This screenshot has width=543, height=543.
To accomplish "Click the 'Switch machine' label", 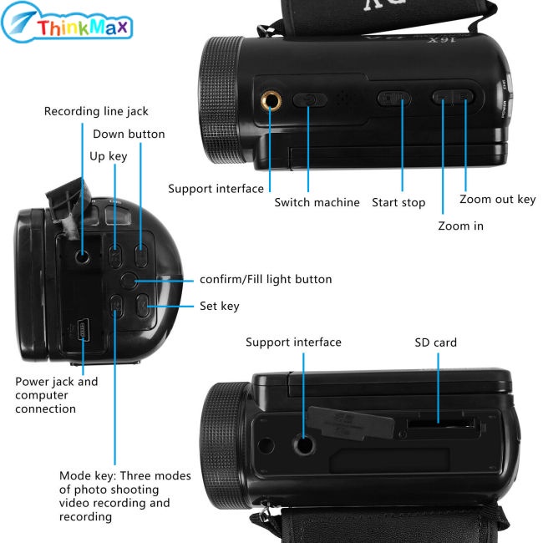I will point(317,202).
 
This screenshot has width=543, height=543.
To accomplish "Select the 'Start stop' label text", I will point(398,202).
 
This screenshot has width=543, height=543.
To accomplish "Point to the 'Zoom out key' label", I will point(497,200).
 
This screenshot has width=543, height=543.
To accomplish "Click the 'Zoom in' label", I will point(460,226).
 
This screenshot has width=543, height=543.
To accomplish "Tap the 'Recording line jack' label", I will point(96,111).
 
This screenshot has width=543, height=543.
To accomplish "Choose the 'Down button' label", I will point(129,134).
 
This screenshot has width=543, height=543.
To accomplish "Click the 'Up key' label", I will point(109,155).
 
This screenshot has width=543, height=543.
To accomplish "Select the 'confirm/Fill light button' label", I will point(265,279).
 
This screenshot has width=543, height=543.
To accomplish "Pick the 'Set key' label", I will point(219,306).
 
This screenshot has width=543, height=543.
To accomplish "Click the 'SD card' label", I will point(435,343).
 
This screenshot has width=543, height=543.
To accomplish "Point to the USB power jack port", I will point(83,330).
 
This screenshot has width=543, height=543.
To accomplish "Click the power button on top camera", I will point(310,99).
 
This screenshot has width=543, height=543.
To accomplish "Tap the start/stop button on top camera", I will point(393,99).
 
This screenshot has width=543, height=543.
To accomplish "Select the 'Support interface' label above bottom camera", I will point(293,343).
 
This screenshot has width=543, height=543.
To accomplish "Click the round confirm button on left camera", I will point(129,281).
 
